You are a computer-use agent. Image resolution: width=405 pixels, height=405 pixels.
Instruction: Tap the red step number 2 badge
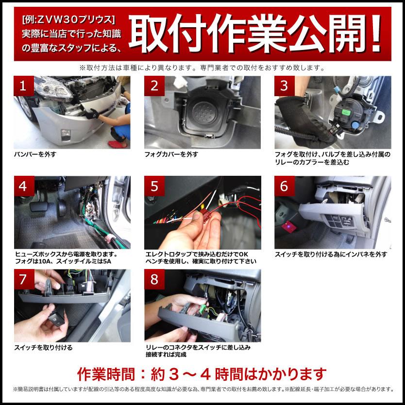pos(154,86)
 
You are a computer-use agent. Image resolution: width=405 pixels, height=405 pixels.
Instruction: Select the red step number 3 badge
pos(284,86)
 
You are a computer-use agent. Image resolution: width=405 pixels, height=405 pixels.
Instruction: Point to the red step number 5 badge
pos(154,186)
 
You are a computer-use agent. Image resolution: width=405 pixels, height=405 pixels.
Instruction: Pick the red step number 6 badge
pos(284,186)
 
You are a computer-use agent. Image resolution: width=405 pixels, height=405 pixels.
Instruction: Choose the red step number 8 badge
pos(154,280)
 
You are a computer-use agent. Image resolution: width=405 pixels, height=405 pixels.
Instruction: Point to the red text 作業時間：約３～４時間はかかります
pos(202,374)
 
